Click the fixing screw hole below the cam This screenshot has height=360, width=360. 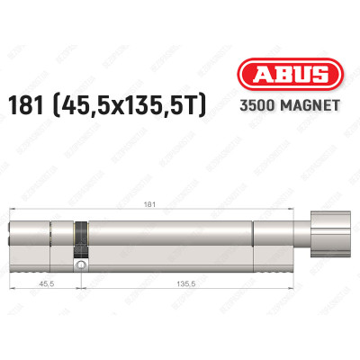80,265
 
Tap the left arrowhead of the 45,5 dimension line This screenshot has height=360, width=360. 13,287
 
